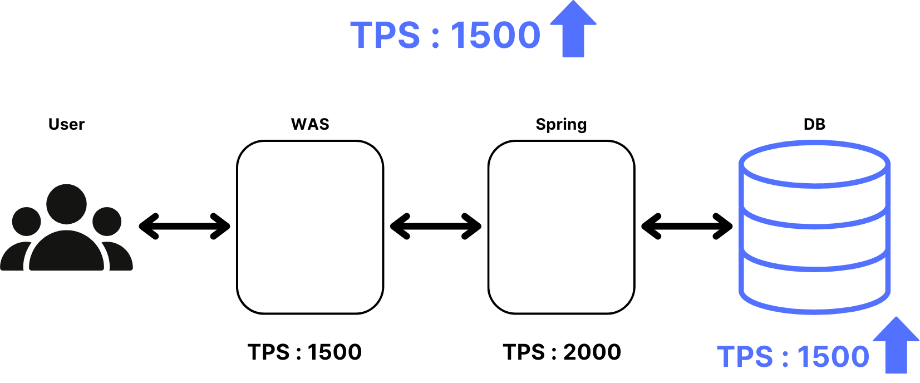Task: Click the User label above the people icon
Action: coord(66,124)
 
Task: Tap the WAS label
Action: coord(310,124)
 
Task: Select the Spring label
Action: coord(561,125)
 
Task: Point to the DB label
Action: coord(814,124)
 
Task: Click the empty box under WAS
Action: coord(310,227)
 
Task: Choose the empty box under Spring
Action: coord(561,227)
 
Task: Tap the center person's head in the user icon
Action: coord(67,204)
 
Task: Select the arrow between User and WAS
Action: coord(184,227)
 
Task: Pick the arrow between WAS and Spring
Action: coord(436,227)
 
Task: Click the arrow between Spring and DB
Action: coord(687,227)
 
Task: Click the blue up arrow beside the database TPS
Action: coord(896,346)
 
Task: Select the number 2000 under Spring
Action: coord(592,352)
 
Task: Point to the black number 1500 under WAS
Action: coord(334,352)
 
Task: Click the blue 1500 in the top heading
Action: coord(495,36)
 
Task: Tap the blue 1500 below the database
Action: coord(833,357)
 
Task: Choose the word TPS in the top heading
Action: coord(385,36)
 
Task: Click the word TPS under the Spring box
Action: coord(524,352)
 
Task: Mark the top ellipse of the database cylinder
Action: coord(814,164)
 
